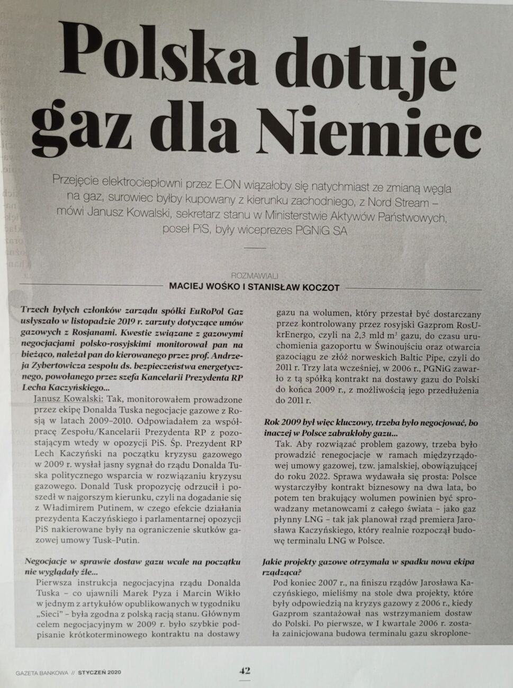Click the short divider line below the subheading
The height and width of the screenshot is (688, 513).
pyautogui.click(x=255, y=247)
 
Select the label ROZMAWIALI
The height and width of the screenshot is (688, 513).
pyautogui.click(x=255, y=276)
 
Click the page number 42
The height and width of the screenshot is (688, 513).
pyautogui.click(x=244, y=671)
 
